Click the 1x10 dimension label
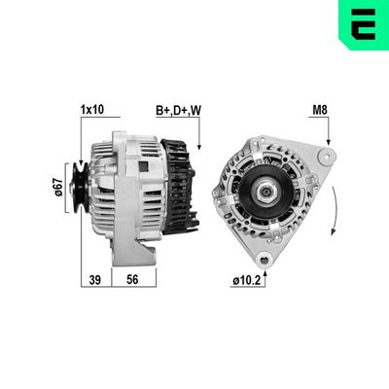[92, 110]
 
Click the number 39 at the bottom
[95, 279]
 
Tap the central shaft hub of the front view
[264, 194]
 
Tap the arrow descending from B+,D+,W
[198, 131]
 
